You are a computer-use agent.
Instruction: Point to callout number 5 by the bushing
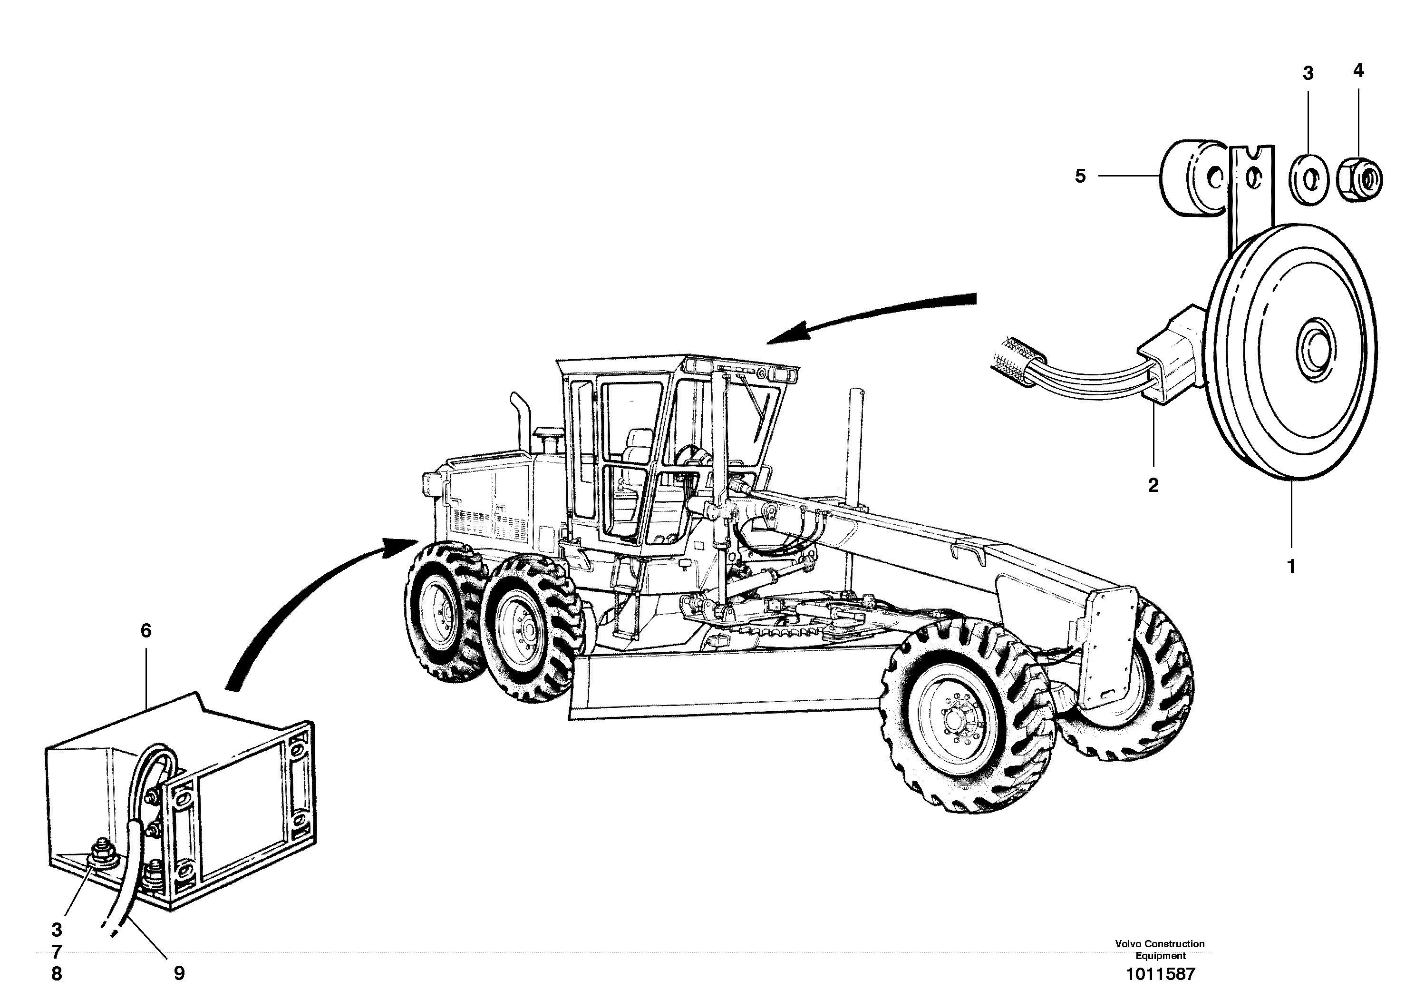[x=1080, y=176]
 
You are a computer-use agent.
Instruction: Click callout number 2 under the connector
[x=1153, y=485]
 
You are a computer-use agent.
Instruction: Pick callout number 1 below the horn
[x=1291, y=566]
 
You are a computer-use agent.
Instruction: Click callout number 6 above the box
[x=146, y=631]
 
